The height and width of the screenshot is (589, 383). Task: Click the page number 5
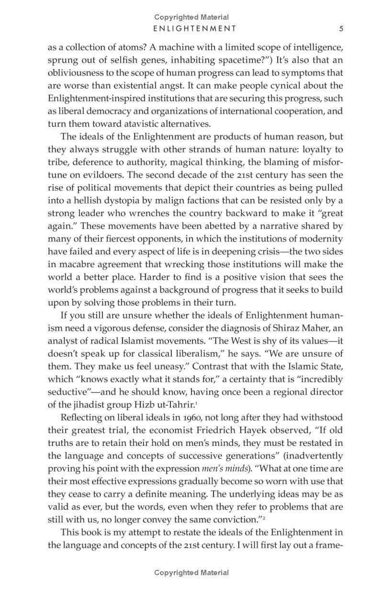341,28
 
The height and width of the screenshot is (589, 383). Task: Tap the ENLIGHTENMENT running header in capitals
194,28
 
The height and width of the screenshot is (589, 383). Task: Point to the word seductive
65,391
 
